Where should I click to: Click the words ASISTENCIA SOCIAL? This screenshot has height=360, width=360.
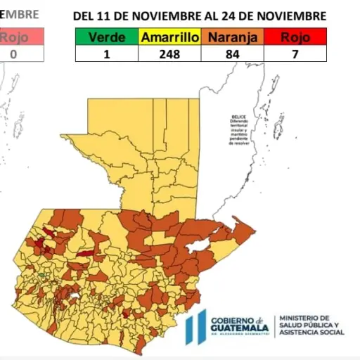pyautogui.click(x=312, y=333)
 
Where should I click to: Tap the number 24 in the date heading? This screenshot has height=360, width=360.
pyautogui.click(x=250, y=15)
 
